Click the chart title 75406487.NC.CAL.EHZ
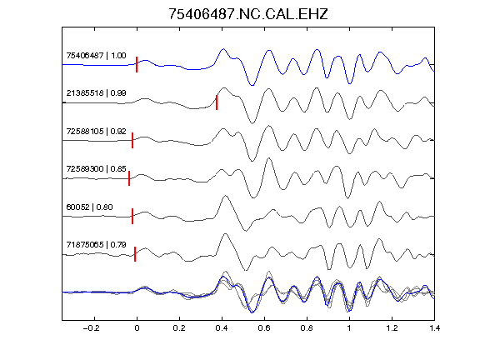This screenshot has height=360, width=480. point(248,14)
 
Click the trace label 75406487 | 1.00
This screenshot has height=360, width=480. point(96,56)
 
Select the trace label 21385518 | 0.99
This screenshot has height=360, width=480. point(96,93)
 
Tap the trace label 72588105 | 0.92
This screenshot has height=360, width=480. point(96,132)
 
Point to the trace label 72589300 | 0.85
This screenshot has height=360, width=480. point(96,169)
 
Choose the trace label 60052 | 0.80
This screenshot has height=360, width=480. point(89,207)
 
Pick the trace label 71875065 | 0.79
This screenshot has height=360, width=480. point(96,245)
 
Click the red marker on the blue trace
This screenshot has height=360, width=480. point(137,65)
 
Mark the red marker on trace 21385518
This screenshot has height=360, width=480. point(217,102)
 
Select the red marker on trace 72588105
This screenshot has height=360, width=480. point(132,141)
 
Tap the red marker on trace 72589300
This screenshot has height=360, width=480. point(129,178)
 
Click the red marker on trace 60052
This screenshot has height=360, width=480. point(132,216)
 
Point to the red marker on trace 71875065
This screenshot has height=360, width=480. point(135,254)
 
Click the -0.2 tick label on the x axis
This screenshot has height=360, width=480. point(92,328)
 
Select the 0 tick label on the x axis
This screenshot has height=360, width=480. point(137,328)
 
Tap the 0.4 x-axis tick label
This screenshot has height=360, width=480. point(222,328)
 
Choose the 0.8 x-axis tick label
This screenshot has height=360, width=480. point(307,328)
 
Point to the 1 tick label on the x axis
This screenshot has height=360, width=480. point(349,328)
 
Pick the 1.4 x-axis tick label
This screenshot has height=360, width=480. point(434,328)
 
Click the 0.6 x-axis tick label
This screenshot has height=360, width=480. point(264,328)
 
